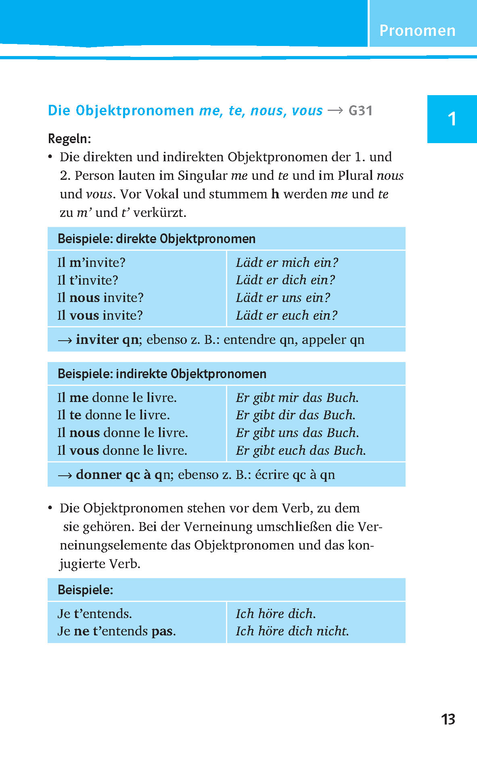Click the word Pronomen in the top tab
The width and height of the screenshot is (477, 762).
tap(417, 31)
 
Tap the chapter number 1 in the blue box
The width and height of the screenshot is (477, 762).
tap(452, 119)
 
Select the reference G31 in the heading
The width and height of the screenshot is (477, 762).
tap(360, 110)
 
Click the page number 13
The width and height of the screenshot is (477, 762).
tap(448, 719)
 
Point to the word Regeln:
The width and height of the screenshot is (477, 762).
tap(69, 139)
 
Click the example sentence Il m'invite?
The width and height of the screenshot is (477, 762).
tap(91, 262)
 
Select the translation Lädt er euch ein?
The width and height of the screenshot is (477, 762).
tap(287, 315)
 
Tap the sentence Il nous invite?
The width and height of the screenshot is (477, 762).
tap(100, 298)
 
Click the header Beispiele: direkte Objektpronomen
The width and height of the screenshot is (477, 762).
tap(157, 239)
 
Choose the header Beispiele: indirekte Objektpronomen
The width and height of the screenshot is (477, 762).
tap(162, 374)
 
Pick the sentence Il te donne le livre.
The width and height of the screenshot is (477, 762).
tap(113, 415)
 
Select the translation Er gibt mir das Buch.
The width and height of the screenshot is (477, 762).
tap(297, 398)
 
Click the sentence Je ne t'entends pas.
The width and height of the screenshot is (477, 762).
tap(117, 631)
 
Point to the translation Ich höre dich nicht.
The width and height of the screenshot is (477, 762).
tap(292, 631)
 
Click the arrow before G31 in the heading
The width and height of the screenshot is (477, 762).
tap(335, 110)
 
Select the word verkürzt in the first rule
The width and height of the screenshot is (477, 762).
tap(159, 212)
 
